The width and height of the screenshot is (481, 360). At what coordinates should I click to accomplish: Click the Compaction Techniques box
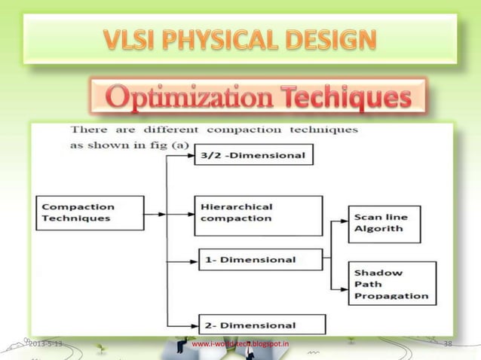90,213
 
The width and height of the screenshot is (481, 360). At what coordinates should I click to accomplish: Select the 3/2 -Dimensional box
254,155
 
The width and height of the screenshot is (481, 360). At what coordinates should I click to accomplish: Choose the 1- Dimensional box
259,259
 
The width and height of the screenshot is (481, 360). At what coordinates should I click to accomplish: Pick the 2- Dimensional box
261,325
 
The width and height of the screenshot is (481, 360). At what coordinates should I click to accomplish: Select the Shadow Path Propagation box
391,284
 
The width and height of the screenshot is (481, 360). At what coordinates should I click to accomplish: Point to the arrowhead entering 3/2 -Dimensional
191,155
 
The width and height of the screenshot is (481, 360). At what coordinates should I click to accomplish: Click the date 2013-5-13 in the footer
44,344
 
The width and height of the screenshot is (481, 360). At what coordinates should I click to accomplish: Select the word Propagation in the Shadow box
391,296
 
